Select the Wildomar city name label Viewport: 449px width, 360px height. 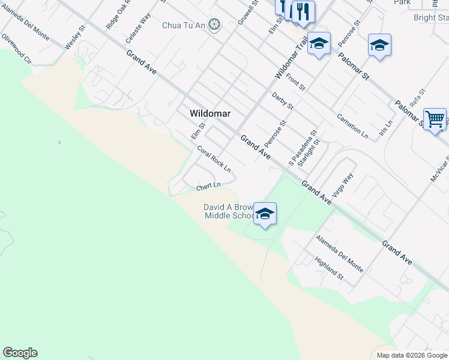click(210, 113)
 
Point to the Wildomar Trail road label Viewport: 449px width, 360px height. click(291, 58)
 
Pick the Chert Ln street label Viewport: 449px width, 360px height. click(209, 187)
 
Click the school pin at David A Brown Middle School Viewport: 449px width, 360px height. click(265, 214)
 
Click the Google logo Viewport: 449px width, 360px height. click(20, 353)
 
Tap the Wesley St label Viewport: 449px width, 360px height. click(76, 37)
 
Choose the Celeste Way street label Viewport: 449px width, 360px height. click(137, 28)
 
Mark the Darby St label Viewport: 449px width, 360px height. click(282, 101)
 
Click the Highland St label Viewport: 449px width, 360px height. click(329, 268)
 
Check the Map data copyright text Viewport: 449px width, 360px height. click(411, 355)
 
